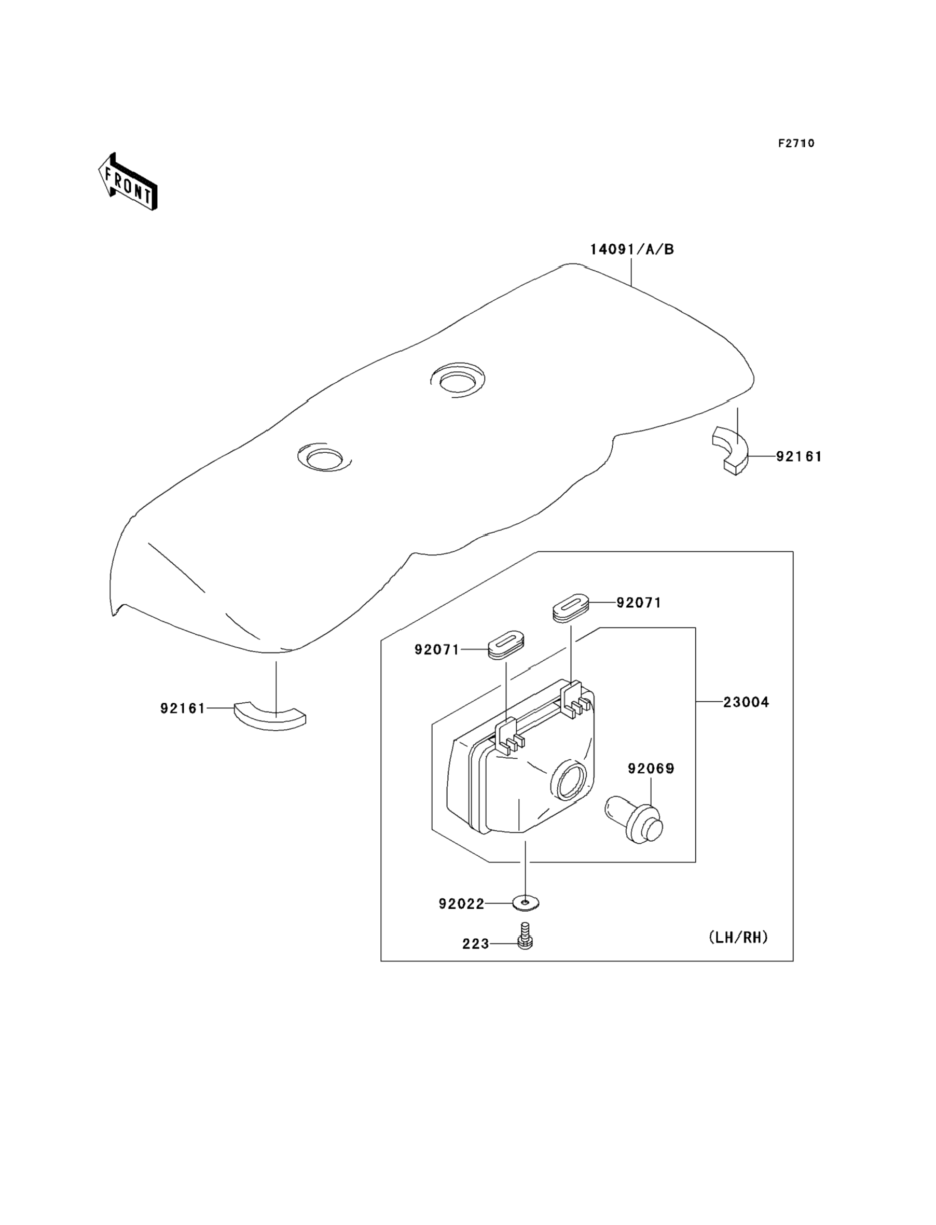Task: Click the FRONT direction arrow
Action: pyautogui.click(x=128, y=182)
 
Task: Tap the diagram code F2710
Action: pyautogui.click(x=796, y=144)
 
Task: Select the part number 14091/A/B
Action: pyautogui.click(x=632, y=249)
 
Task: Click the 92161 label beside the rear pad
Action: pyautogui.click(x=799, y=456)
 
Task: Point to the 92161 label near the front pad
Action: pyautogui.click(x=183, y=708)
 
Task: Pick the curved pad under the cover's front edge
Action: pyautogui.click(x=270, y=716)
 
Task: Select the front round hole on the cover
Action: pyautogui.click(x=325, y=459)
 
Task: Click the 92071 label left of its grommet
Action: pyautogui.click(x=437, y=649)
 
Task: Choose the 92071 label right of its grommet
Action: pyautogui.click(x=639, y=603)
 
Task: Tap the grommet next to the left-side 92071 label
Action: pyautogui.click(x=506, y=645)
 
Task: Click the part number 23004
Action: pyautogui.click(x=746, y=703)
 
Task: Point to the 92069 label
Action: pyautogui.click(x=651, y=769)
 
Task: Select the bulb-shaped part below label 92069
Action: pyautogui.click(x=635, y=826)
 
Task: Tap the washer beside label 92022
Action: pyautogui.click(x=526, y=903)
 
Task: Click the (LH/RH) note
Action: pyautogui.click(x=738, y=937)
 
